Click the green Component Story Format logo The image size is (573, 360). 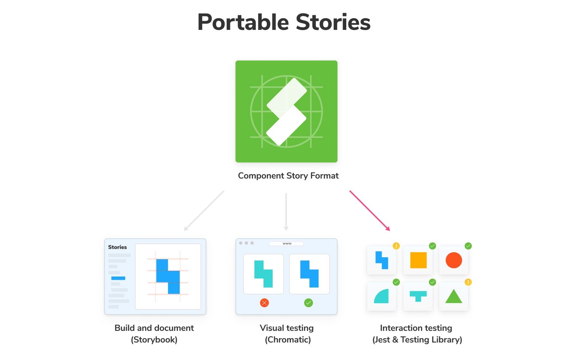[x=286, y=111]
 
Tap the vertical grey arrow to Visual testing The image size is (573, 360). [x=286, y=212]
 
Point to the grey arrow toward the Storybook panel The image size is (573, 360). [x=204, y=211]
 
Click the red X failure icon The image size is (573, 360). [x=264, y=303]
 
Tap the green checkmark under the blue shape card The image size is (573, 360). [x=308, y=303]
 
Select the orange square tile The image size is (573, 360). [x=418, y=260]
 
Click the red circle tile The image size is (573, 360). [x=454, y=260]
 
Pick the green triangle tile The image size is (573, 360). [x=454, y=297]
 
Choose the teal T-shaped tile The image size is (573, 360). [x=418, y=296]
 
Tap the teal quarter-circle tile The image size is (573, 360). [x=382, y=296]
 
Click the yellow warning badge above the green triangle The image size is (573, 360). [x=468, y=282]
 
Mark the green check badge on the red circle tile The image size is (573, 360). [x=468, y=246]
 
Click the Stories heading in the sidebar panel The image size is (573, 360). [x=117, y=247]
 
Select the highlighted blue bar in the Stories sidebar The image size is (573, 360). [x=118, y=278]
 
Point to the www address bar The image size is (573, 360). [x=286, y=243]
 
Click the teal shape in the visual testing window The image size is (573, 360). [x=264, y=274]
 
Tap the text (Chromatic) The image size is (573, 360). [x=288, y=340]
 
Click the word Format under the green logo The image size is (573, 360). [x=324, y=176]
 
